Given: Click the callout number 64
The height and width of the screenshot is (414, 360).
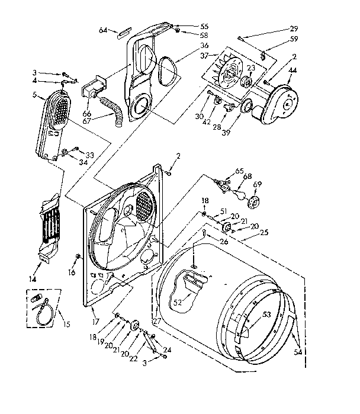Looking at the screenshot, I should [x=102, y=29].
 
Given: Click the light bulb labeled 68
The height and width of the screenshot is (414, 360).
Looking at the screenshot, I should [x=240, y=194].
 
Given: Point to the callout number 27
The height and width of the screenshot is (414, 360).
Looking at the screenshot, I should [x=157, y=321].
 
